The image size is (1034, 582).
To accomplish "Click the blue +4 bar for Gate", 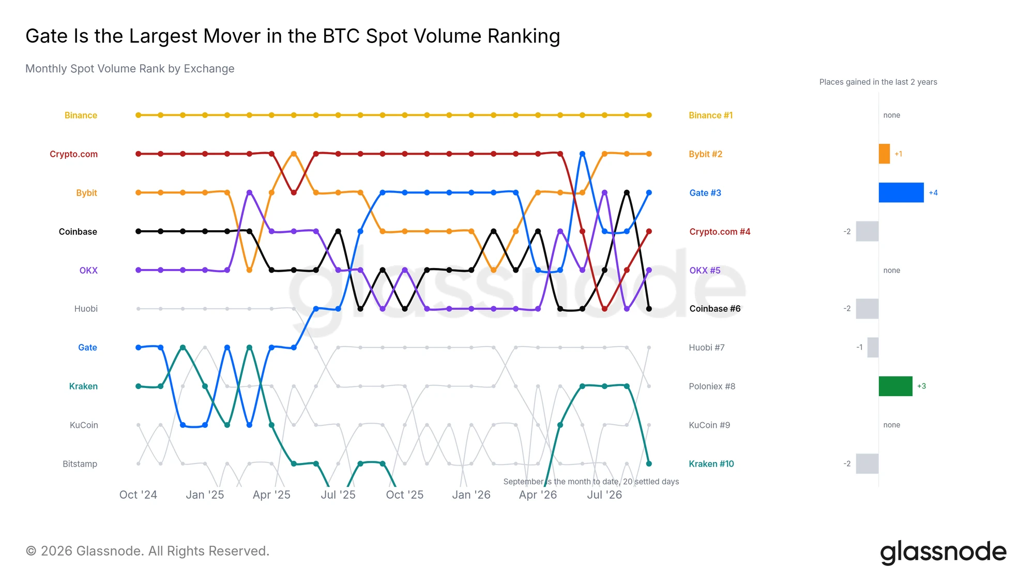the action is (901, 192).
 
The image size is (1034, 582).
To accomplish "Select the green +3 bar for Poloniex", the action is (895, 386).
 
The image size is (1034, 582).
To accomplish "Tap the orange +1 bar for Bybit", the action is (885, 154).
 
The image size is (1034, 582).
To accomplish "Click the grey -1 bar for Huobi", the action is (873, 347).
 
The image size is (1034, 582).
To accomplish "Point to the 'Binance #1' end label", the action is (710, 115).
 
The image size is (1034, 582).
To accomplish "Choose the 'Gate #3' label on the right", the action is (705, 193).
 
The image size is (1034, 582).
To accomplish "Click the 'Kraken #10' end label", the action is (711, 464).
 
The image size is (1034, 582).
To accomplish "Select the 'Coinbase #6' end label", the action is (715, 309).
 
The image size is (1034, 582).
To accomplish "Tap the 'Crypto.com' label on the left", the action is (73, 154).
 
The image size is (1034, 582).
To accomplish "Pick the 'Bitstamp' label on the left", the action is (80, 464).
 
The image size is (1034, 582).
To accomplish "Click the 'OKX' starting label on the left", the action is (88, 271).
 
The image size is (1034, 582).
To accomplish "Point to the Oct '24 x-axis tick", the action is (138, 495).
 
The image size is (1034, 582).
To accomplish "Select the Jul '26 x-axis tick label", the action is (604, 495).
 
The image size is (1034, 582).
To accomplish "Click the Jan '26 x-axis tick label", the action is (471, 495).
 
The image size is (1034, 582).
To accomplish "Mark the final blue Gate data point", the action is (649, 192).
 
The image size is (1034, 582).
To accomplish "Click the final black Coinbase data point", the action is (649, 309).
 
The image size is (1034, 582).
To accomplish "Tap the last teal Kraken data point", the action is (649, 464).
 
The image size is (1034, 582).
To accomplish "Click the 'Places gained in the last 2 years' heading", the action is (878, 82).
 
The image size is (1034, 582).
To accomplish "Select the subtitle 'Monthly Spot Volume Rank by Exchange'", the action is (130, 69).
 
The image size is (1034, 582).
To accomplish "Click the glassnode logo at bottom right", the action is (943, 553).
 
